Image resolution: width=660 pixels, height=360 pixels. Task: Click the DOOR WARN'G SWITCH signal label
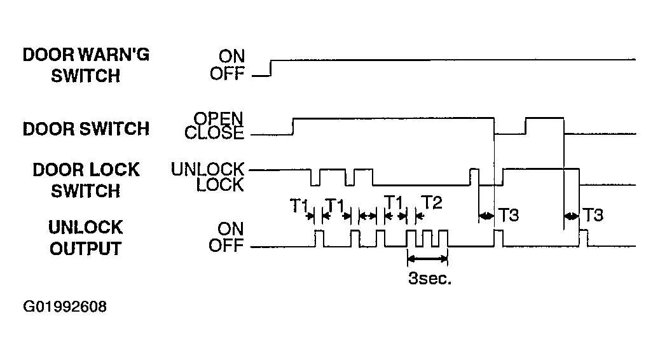86,66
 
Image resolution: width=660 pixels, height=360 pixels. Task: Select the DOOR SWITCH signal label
86,129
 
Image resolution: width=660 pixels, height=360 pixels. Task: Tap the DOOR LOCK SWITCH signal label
86,180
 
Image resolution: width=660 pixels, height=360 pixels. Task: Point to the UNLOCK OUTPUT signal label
86,238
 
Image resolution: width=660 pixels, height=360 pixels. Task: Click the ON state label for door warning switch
231,56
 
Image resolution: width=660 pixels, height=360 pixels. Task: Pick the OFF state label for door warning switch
227,74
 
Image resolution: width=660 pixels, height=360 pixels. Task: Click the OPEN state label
219,118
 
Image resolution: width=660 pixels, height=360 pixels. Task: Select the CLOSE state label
214,133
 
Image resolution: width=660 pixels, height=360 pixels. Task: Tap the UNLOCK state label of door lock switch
207,169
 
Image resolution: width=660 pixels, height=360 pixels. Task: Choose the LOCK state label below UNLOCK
220,185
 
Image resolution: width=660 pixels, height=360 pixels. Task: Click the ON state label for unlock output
231,229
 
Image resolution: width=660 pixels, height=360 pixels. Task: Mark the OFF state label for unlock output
226,245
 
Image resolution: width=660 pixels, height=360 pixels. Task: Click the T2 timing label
432,202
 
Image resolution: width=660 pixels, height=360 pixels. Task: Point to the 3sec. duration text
430,279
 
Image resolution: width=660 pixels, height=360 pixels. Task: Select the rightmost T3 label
593,215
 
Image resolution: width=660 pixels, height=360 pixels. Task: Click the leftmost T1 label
299,206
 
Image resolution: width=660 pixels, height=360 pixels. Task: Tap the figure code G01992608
65,307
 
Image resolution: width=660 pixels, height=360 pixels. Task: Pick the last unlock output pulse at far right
584,238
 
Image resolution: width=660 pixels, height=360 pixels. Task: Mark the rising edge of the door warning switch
271,68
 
